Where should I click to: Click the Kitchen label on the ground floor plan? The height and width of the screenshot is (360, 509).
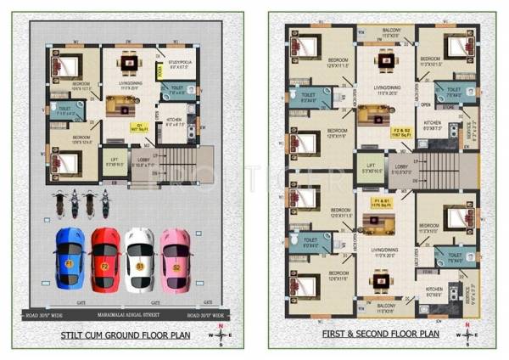(174, 122)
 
